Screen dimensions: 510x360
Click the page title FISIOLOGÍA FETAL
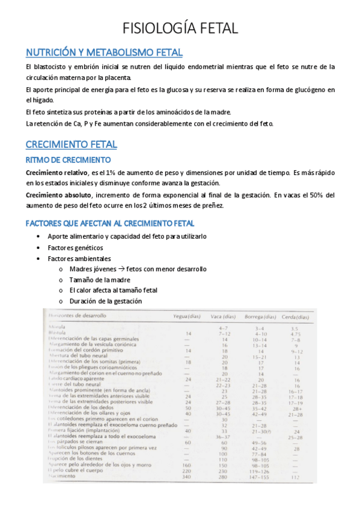(180, 28)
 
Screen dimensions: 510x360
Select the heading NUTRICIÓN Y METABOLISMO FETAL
(104, 52)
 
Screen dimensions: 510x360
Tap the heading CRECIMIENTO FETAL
(71, 144)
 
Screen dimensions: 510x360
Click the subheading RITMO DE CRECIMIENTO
(68, 160)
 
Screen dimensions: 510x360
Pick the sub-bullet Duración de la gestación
(106, 301)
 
